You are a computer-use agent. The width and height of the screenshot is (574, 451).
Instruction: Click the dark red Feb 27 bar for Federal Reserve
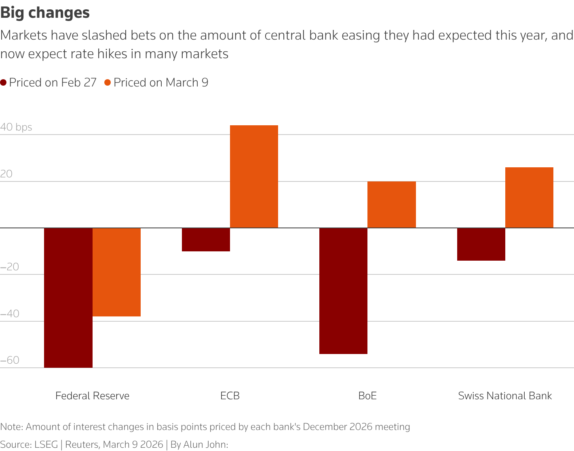(x=68, y=297)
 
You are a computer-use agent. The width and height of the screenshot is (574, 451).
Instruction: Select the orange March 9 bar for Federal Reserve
(x=116, y=272)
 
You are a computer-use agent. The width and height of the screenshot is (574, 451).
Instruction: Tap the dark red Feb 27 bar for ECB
(x=206, y=240)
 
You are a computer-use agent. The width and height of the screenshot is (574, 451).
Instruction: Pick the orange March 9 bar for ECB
(x=254, y=177)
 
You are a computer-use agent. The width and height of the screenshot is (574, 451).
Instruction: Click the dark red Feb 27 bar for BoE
(x=343, y=291)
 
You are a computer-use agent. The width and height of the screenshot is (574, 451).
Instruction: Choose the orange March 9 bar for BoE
(x=391, y=204)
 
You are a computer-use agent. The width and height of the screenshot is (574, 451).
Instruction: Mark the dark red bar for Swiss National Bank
(x=481, y=244)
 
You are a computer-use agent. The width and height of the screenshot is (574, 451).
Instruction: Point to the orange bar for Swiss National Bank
(x=529, y=198)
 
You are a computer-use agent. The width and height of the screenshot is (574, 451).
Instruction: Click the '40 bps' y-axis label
(x=16, y=127)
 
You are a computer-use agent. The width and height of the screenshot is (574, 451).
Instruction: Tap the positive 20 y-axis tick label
(x=6, y=174)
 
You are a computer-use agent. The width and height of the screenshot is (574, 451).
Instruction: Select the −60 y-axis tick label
(x=10, y=360)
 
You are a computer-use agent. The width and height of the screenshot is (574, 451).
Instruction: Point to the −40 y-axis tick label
(x=10, y=314)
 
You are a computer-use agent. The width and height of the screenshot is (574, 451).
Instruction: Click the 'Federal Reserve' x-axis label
(x=92, y=396)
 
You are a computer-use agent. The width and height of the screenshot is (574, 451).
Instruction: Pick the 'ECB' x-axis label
(x=230, y=396)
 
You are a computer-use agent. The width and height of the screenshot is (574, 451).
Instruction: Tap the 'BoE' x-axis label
(x=367, y=396)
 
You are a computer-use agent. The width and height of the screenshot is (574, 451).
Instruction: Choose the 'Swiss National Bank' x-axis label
(x=505, y=396)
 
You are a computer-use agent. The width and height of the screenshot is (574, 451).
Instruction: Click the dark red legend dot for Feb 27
(x=4, y=83)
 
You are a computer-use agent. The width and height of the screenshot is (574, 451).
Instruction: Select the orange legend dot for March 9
(x=108, y=83)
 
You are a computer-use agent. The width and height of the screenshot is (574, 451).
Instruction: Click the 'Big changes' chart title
(x=45, y=13)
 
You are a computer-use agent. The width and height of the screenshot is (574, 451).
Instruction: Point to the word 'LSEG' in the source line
(x=46, y=445)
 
